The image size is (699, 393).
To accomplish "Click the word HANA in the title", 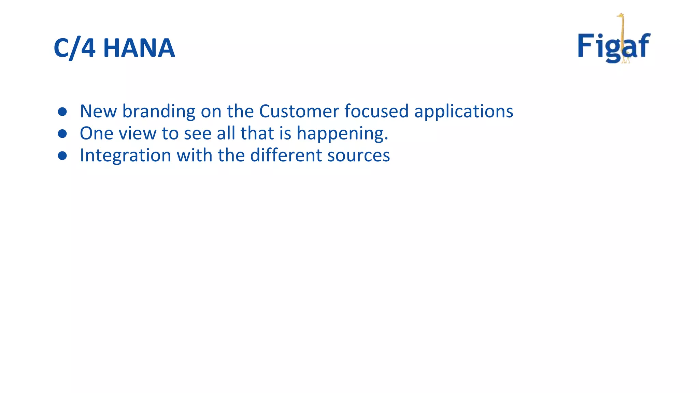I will (139, 48).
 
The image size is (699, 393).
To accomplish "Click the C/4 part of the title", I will (74, 48).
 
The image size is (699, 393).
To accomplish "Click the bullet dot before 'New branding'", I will (62, 112).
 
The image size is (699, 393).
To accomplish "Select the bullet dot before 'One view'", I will (62, 134).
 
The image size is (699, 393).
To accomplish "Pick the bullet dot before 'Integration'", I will (62, 156).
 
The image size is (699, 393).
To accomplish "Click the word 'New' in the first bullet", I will (98, 111).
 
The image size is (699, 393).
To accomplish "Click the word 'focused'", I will (376, 111).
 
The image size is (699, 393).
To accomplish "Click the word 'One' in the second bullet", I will (97, 133).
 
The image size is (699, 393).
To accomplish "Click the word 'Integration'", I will (125, 156).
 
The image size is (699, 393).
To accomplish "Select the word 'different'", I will (286, 155).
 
